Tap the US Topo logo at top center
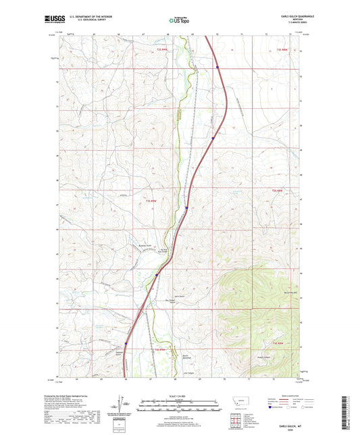coord(180,21)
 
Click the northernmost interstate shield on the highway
coord(217,66)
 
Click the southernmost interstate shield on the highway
coord(125,342)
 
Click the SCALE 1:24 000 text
coord(180,396)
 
